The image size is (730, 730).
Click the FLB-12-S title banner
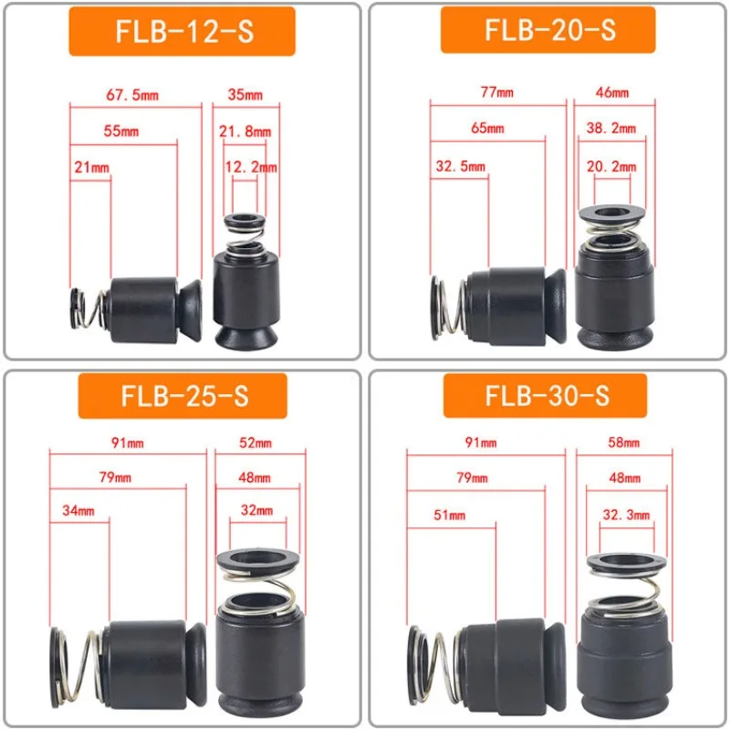[182, 32]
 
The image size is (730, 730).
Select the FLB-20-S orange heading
[548, 30]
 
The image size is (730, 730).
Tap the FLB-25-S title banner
[182, 396]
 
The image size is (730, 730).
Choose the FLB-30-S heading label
[545, 396]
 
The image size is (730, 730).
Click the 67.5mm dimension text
[132, 95]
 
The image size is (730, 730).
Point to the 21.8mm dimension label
[245, 131]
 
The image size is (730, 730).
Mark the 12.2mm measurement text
[251, 167]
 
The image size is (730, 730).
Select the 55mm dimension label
[121, 130]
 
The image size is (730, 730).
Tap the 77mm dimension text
[497, 92]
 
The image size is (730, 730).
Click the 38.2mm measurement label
[611, 128]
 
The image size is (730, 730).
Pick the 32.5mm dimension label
[461, 166]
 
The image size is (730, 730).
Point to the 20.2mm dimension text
[611, 166]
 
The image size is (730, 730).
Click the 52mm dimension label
[255, 443]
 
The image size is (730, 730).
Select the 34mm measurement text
[78, 510]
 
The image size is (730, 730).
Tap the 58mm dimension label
[624, 443]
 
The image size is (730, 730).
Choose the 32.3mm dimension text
[626, 515]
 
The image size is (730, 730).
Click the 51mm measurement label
[449, 515]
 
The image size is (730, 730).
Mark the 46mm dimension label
[612, 92]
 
